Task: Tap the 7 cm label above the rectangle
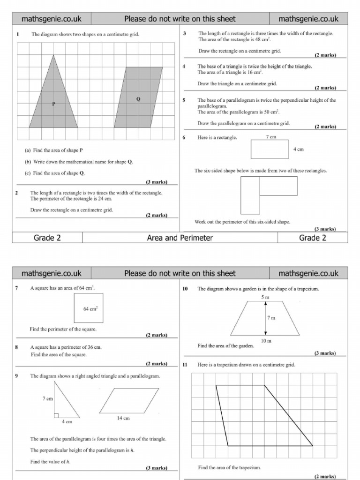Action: pos(271,137)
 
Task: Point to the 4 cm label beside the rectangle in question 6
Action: pos(298,149)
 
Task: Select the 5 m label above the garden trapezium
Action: pos(265,297)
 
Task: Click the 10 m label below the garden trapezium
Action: pos(266,341)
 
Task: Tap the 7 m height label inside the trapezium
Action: pos(271,318)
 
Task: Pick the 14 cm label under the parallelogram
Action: pos(123,418)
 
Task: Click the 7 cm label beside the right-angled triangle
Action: pos(47,398)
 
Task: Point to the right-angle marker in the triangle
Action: pos(56,415)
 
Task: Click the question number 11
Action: pos(185,364)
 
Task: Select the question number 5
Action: pos(184,100)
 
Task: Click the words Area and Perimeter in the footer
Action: pos(180,238)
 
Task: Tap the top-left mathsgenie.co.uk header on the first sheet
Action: pos(52,19)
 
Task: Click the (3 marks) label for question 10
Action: pos(324,353)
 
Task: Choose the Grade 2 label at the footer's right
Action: pos(312,238)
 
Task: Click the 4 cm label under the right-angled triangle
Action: pos(67,422)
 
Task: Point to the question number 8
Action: pos(16,348)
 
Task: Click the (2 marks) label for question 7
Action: pos(156,335)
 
